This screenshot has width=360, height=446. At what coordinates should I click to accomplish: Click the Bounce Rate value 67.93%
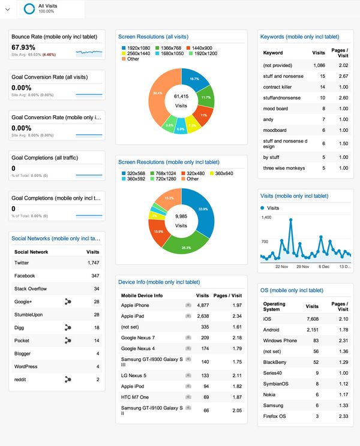click(23, 47)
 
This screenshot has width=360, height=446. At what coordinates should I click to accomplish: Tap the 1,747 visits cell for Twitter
click(93, 263)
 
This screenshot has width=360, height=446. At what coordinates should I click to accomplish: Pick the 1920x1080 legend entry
click(139, 47)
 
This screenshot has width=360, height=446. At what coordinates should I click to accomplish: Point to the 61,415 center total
click(181, 96)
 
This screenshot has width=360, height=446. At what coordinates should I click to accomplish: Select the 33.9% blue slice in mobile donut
click(202, 210)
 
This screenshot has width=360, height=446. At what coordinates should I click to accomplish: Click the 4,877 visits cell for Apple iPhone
click(202, 305)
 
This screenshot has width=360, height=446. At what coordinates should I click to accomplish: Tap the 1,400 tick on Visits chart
click(266, 217)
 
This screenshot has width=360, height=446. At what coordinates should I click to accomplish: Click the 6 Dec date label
click(325, 266)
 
